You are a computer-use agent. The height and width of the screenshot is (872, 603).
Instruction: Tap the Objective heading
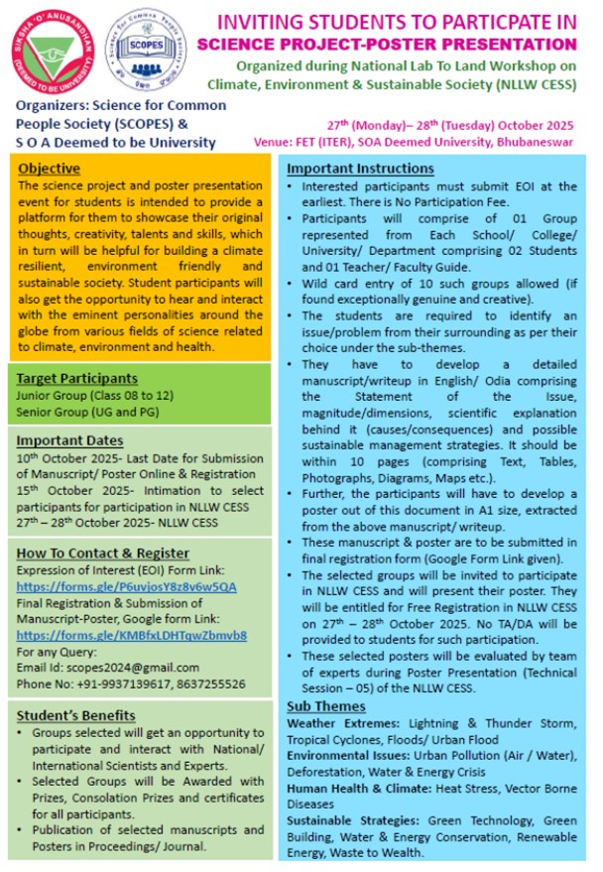pos(50,169)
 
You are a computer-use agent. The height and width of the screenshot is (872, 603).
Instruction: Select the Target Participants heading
pos(77,378)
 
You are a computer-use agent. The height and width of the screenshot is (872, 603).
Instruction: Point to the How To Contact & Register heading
pos(104,553)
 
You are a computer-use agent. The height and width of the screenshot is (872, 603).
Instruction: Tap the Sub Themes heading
pos(326,705)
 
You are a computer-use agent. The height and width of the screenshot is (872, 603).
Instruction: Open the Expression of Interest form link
pos(128,586)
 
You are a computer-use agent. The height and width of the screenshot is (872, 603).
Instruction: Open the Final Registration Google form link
pos(132,635)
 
